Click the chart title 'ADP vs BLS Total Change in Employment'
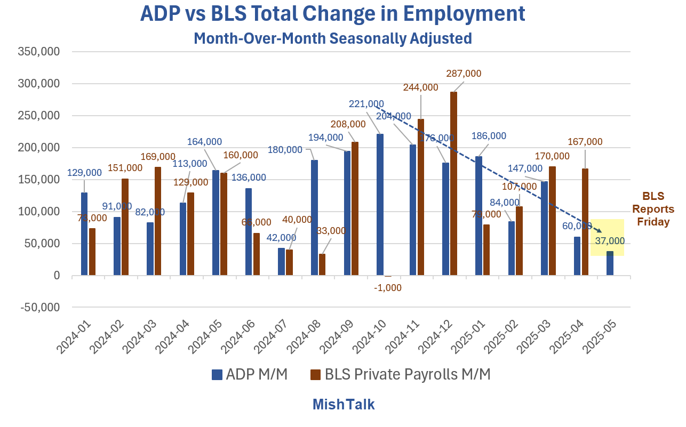coord(332,14)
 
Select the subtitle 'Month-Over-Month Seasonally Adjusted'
coord(332,39)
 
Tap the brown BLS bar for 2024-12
coord(453,184)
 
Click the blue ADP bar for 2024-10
coord(380,205)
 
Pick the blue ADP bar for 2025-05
coord(610,263)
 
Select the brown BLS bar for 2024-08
coord(322,264)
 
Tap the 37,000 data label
coord(610,241)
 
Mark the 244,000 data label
coord(421,87)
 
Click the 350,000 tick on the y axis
coord(39,52)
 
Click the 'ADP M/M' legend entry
coord(250,375)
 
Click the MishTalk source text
coord(344,405)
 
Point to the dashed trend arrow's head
coord(601,231)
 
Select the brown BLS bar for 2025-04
coord(585,222)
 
